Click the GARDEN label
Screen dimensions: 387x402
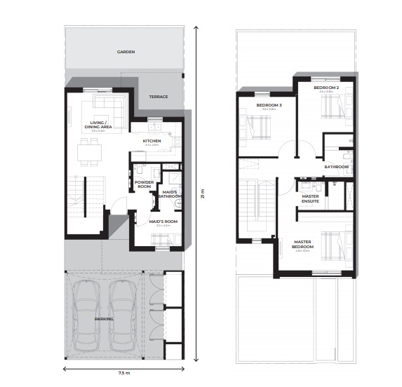point(126,52)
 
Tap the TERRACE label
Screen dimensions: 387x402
point(158,97)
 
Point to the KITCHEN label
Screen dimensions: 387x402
point(152,141)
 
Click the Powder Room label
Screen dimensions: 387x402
point(144,184)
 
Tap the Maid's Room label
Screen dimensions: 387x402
point(163,222)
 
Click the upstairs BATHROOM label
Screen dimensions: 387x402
point(336,167)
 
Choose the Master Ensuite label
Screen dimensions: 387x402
point(310,198)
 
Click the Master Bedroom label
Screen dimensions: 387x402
point(304,245)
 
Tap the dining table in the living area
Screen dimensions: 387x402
point(89,149)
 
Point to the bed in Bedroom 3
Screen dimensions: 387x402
point(257,128)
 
